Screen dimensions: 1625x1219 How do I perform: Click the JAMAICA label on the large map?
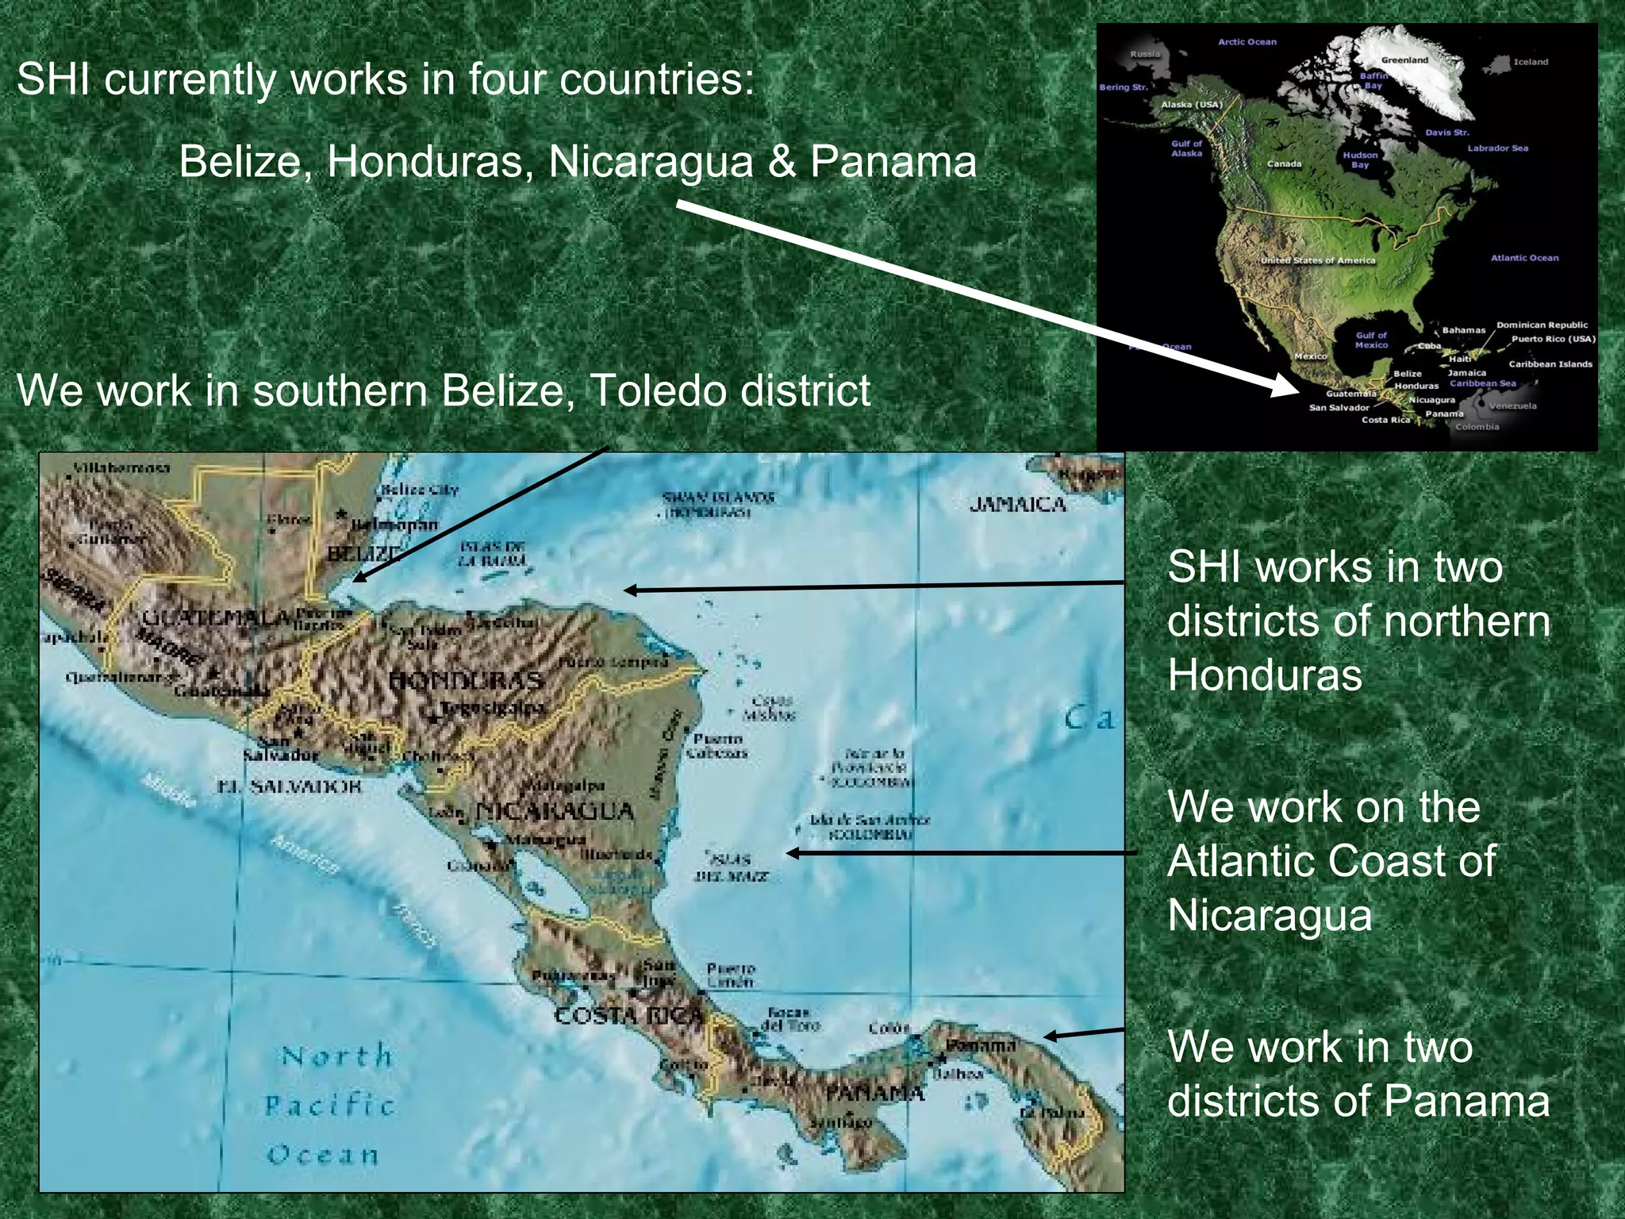[1018, 505]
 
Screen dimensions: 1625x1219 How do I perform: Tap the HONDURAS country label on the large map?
[466, 681]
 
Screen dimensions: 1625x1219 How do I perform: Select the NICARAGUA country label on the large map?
[555, 811]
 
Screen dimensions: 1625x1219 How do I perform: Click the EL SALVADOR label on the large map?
[290, 786]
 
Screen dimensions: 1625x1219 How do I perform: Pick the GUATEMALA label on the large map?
[217, 618]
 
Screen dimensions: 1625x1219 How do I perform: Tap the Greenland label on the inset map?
[1404, 60]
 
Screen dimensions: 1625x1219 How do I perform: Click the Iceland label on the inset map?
[1531, 62]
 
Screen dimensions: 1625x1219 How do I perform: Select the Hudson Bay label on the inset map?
[1360, 160]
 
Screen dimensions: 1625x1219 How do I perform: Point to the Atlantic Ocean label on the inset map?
[1524, 258]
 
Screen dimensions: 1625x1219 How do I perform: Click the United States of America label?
[1318, 260]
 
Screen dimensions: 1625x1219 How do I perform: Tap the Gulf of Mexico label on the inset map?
[1371, 340]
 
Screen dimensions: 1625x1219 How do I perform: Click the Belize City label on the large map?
[420, 490]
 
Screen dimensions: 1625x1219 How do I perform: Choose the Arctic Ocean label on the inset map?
[1247, 42]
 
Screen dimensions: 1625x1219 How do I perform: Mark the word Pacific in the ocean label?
[328, 1105]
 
